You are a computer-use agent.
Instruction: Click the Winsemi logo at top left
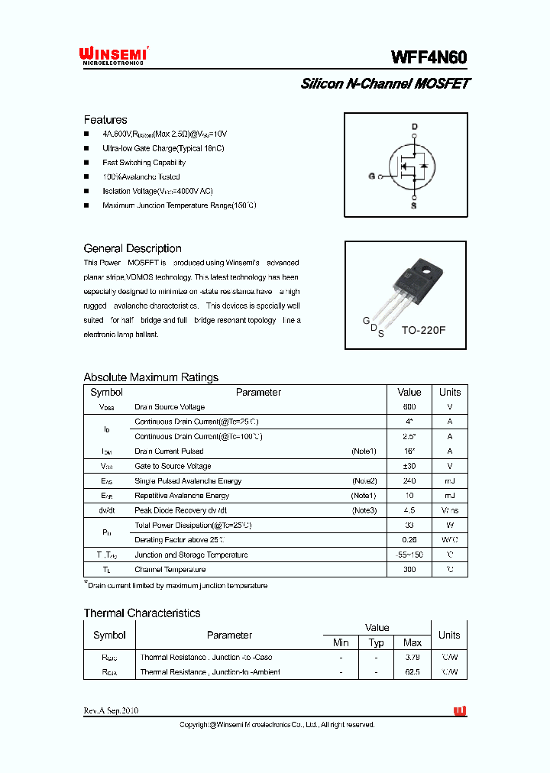click(x=114, y=54)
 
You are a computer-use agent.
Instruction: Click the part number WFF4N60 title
click(x=429, y=57)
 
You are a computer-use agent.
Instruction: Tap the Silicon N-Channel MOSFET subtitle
click(x=385, y=84)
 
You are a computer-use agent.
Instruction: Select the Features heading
click(x=105, y=120)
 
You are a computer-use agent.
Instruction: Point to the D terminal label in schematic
click(x=415, y=126)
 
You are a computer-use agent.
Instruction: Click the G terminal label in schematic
click(x=372, y=176)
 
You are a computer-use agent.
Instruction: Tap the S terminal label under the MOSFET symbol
click(x=415, y=205)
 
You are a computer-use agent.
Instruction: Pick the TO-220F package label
click(x=423, y=332)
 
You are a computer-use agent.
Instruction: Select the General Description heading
click(x=132, y=248)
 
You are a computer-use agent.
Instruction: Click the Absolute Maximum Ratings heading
click(x=150, y=377)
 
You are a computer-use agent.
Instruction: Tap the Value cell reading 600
click(x=409, y=407)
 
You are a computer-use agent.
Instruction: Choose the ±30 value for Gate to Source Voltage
click(x=409, y=466)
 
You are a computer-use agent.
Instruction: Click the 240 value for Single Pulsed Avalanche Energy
click(x=409, y=481)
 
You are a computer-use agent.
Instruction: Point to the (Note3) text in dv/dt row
click(x=364, y=510)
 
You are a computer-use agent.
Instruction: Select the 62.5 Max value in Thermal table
click(x=412, y=672)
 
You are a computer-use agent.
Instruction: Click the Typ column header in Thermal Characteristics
click(x=377, y=642)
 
